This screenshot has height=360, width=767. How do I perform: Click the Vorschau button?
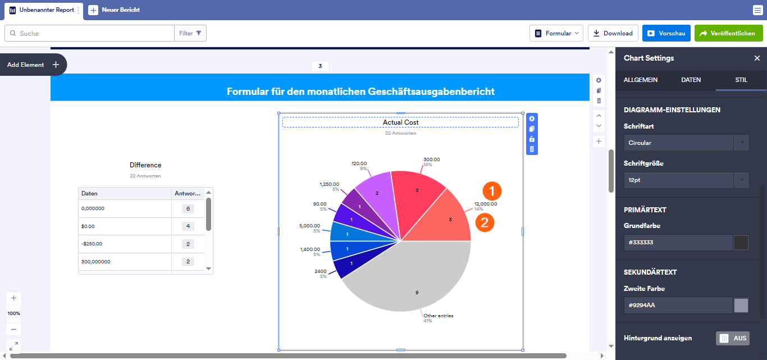coord(666,33)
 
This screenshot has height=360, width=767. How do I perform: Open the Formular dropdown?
coord(556,33)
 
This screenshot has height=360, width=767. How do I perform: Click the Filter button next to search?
coord(190,33)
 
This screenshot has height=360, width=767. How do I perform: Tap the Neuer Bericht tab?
coord(115,10)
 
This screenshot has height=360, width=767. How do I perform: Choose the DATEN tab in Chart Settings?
coord(691,80)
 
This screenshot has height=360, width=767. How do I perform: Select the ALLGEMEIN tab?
coord(641,80)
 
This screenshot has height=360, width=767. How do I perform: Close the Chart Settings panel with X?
coord(757,58)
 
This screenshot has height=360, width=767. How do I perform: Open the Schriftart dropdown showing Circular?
coord(686,143)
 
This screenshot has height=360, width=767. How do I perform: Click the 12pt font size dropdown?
coord(686,180)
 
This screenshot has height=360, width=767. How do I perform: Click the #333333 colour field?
coord(678,243)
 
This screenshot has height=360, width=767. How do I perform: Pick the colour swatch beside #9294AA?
coord(741,306)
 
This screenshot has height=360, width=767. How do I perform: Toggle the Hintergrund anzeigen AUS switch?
coord(732,338)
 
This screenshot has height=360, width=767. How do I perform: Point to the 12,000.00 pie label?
coord(485,204)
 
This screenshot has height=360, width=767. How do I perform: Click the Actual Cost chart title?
coord(400,122)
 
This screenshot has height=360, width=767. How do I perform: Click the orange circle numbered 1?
coord(492,191)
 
